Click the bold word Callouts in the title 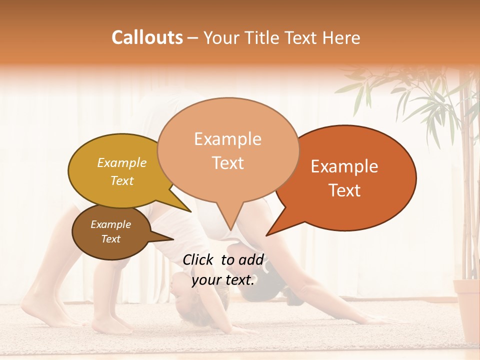click(x=147, y=37)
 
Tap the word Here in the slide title click(x=341, y=37)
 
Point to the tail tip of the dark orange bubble click(x=267, y=234)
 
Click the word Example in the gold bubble click(x=122, y=162)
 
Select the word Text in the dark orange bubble click(x=345, y=190)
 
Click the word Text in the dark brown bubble click(x=111, y=239)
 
